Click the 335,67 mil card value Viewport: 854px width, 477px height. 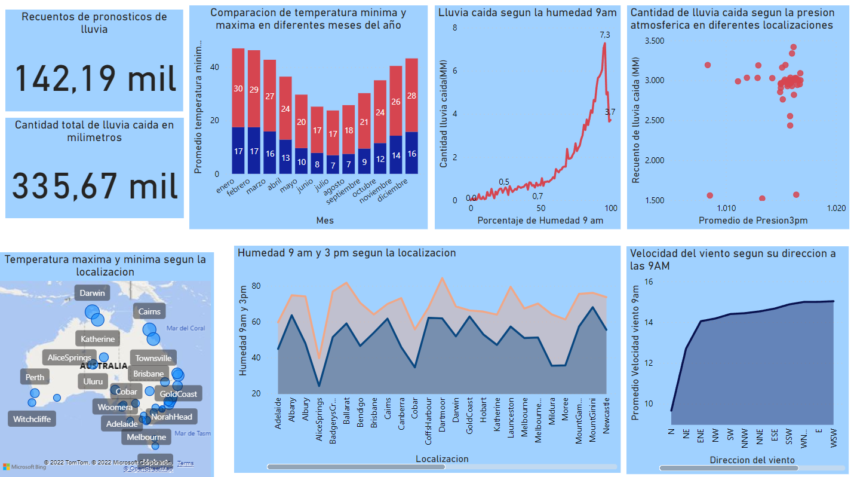[x=95, y=186]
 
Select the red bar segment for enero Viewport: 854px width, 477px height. [x=238, y=88]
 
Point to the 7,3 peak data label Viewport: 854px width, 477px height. [x=605, y=35]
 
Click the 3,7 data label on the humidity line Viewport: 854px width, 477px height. [x=610, y=112]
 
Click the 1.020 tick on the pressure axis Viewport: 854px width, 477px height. [x=835, y=208]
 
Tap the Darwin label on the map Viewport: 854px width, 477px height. [x=93, y=293]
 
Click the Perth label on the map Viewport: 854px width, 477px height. [x=35, y=377]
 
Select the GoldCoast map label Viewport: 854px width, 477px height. [x=178, y=394]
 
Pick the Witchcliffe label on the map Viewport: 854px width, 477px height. [x=32, y=419]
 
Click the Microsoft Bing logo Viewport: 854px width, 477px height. [x=24, y=466]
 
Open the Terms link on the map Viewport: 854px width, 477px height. [x=185, y=463]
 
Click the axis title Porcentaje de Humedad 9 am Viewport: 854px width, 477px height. [x=540, y=221]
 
